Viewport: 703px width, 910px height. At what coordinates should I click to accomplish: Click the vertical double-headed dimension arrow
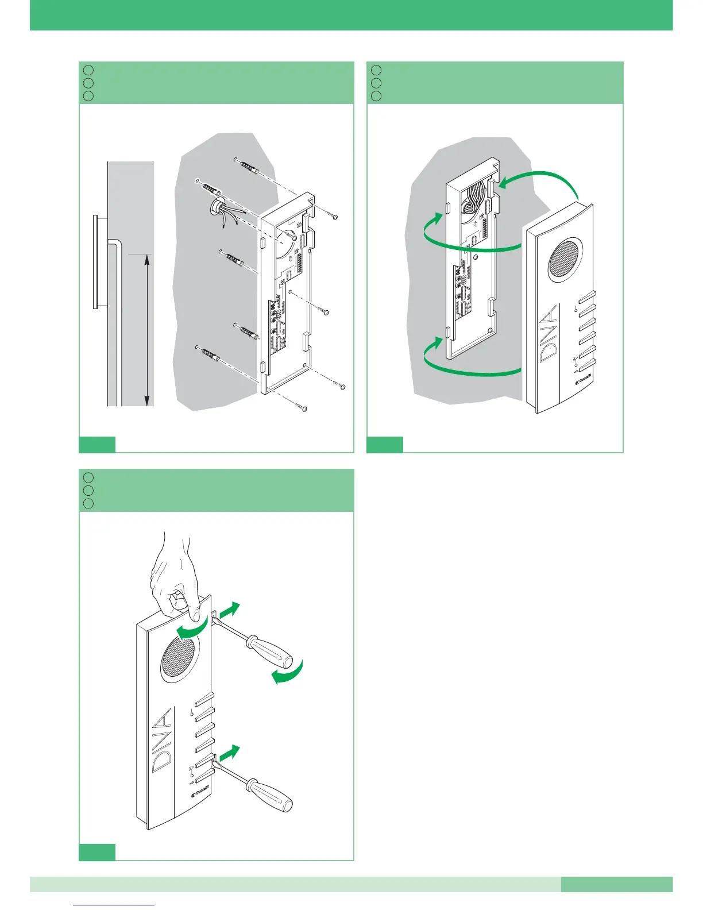[x=147, y=330]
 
